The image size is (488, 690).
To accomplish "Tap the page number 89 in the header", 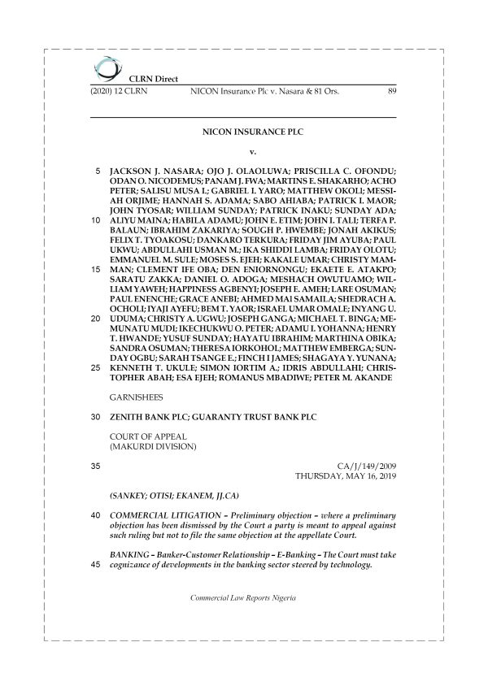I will [x=392, y=92].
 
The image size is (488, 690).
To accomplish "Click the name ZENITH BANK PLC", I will [x=149, y=418].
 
